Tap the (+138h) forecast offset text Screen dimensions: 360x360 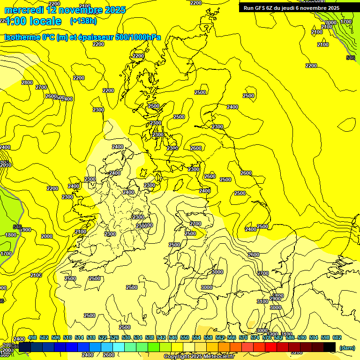(x=83, y=21)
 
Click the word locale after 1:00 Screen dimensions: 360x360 (x=45, y=21)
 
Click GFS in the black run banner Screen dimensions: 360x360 (x=261, y=8)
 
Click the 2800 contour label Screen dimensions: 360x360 (x=27, y=82)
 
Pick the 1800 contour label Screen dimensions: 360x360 (x=11, y=235)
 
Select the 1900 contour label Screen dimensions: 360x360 (x=26, y=230)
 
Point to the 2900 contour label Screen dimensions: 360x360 (x=275, y=299)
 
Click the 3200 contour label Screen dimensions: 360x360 (x=296, y=352)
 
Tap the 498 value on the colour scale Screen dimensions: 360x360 (x=32, y=337)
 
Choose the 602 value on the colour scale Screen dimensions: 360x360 (x=337, y=337)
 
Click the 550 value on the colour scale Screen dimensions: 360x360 (x=185, y=337)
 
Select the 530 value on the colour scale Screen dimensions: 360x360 (x=126, y=337)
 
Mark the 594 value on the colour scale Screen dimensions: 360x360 (x=325, y=337)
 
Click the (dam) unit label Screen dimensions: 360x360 (x=347, y=347)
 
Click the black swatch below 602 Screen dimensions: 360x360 (x=330, y=347)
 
